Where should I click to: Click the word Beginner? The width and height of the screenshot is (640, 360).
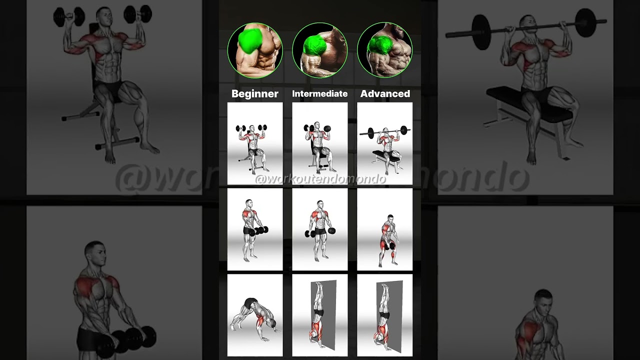pos(255,93)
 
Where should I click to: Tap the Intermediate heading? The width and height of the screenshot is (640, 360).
pos(320,93)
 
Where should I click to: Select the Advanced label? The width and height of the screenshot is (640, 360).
pos(385,93)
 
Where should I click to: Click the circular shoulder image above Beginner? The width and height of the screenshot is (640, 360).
pos(255,50)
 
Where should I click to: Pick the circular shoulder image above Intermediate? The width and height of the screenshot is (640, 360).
pos(320,50)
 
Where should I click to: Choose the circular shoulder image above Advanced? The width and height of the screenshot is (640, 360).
pos(385,50)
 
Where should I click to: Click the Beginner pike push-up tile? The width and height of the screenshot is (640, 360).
pos(255,315)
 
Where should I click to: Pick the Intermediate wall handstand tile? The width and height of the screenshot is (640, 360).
pos(320,315)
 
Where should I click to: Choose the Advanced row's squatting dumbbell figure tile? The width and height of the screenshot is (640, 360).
pos(385,230)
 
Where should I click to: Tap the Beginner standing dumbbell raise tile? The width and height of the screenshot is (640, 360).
pos(255,230)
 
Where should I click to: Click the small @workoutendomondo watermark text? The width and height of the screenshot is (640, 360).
pos(320,179)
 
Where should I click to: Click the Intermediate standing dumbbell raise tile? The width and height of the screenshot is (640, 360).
pos(320,230)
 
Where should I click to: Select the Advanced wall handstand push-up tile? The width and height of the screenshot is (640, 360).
pos(385,315)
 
